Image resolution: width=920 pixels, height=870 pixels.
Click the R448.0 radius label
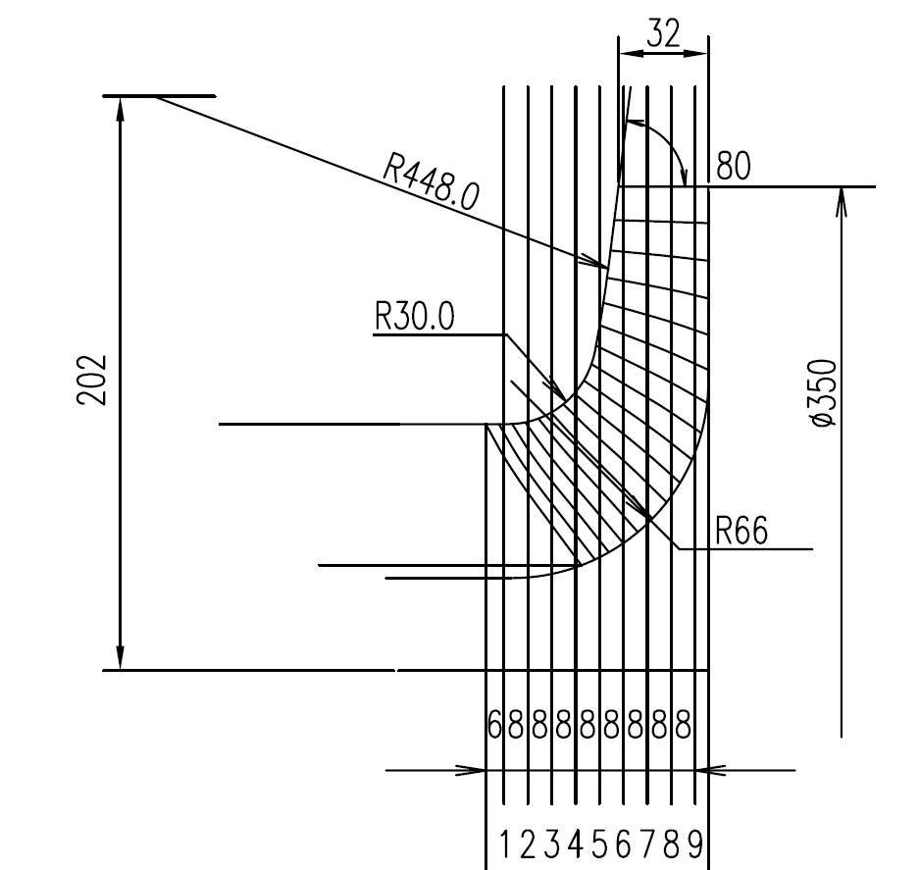[430, 182]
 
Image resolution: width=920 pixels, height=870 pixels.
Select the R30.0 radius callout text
[414, 318]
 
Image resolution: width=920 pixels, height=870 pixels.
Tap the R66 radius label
[741, 532]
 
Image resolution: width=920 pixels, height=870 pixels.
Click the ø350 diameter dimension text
[824, 392]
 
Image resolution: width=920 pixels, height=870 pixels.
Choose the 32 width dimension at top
[663, 35]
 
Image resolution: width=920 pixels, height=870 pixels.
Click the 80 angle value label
[733, 167]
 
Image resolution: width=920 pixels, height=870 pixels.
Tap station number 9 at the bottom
[695, 844]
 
